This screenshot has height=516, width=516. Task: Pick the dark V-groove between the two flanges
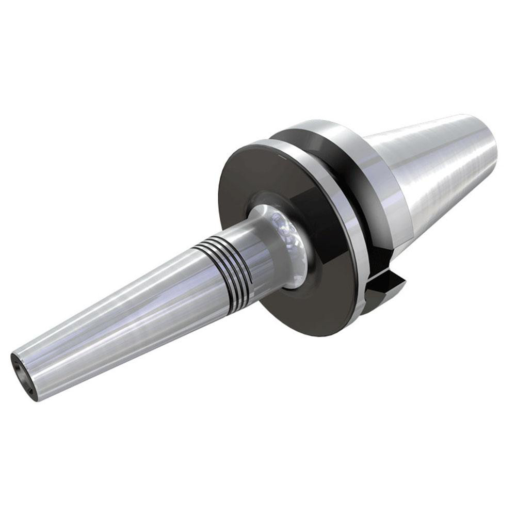(x=361, y=217)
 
